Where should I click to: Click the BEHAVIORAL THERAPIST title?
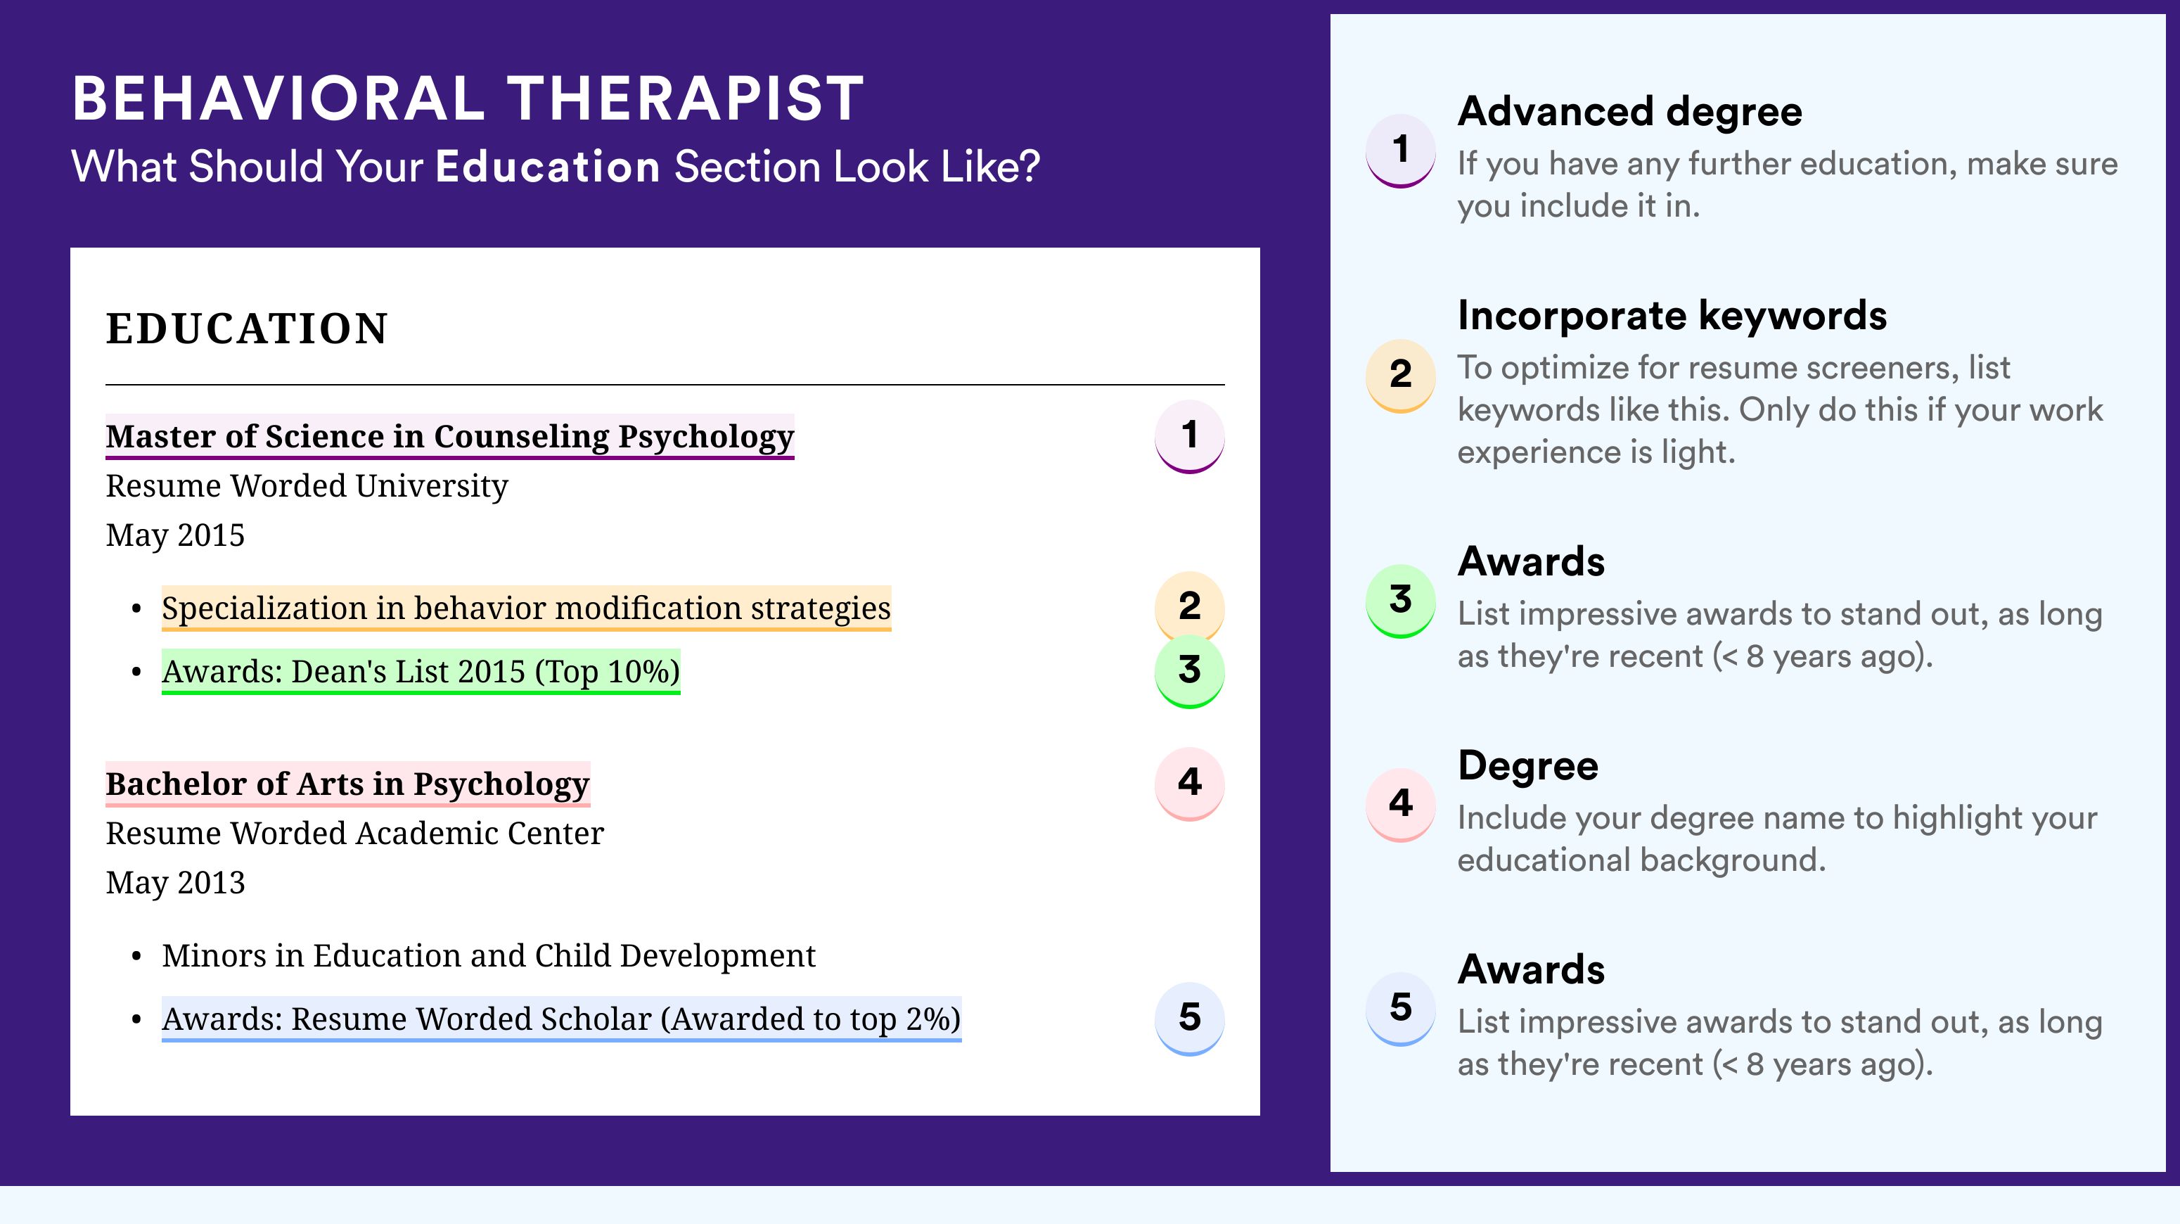click(x=468, y=99)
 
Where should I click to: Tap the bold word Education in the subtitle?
click(x=548, y=166)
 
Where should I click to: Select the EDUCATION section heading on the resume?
click(x=247, y=329)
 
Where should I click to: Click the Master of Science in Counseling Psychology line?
click(x=449, y=437)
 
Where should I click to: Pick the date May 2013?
click(x=175, y=883)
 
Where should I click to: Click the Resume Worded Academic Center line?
click(x=354, y=833)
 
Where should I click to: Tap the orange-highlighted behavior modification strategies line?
click(x=527, y=608)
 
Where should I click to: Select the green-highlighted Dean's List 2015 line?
click(x=421, y=671)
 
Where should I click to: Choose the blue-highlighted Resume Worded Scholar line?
click(x=561, y=1019)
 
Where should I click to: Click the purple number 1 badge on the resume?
click(x=1189, y=436)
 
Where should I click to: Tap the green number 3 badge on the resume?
click(x=1189, y=670)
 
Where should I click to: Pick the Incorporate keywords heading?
click(x=1672, y=316)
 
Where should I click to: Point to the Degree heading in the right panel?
click(x=1528, y=766)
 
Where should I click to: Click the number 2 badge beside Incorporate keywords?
click(x=1401, y=375)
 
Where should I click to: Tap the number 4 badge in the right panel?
click(x=1401, y=804)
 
